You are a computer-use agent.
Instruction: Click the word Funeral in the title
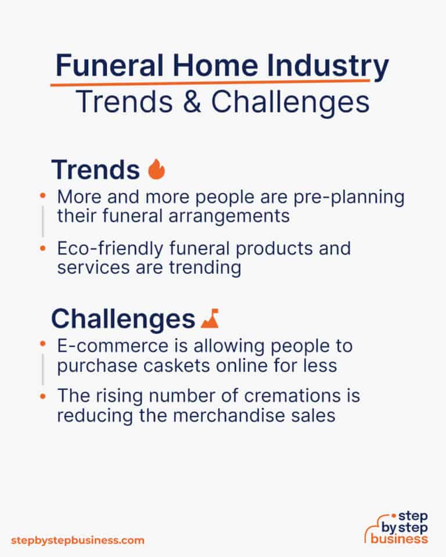coord(110,66)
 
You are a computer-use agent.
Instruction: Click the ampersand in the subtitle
coord(192,102)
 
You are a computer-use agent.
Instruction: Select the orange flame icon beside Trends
coord(156,169)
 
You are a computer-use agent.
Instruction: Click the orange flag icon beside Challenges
coord(210,318)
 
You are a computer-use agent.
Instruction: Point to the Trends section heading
coord(96,170)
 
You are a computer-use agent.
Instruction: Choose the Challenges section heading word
coord(123,319)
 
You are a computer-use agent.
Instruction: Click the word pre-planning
coord(349,197)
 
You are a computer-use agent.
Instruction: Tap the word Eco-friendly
coord(110,249)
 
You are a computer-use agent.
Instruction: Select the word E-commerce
coord(113,346)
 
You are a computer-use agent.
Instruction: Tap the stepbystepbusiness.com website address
coord(78,541)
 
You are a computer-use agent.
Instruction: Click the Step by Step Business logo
coord(396,527)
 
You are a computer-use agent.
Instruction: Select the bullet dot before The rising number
coord(42,396)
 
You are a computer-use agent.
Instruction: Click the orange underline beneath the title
coord(210,84)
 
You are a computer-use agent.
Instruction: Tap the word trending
coord(205,268)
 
